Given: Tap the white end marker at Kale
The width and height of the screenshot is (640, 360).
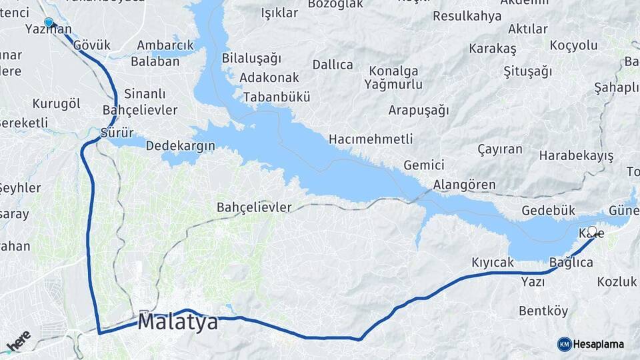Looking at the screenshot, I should (x=592, y=231).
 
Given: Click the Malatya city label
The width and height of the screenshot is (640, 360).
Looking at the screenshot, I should (x=178, y=323).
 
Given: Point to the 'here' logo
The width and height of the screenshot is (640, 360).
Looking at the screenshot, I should (x=19, y=341).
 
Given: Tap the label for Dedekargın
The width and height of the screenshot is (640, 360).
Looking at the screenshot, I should (x=180, y=145).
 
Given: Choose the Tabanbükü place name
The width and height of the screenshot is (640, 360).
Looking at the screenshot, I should (x=277, y=97).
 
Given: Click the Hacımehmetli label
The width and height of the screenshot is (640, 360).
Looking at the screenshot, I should (x=370, y=139).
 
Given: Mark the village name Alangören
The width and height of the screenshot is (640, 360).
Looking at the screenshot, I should (x=464, y=185).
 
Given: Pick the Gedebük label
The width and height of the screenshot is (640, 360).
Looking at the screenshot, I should (x=548, y=210).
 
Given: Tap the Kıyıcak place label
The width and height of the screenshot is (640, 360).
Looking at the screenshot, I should (x=493, y=263).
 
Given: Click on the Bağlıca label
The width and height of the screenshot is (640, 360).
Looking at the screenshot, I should (x=571, y=263).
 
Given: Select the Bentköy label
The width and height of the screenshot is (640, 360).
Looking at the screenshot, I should (x=543, y=311).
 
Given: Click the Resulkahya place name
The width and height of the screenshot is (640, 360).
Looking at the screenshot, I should (x=467, y=16).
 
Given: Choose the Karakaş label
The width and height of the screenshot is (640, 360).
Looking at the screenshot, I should (x=493, y=49).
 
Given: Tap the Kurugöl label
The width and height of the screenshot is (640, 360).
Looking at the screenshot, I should (x=56, y=103).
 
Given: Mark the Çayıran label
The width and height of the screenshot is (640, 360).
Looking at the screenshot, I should (x=500, y=149).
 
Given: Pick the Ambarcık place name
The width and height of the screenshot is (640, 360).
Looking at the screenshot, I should (x=165, y=45).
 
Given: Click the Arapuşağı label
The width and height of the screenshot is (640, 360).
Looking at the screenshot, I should (x=419, y=110).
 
